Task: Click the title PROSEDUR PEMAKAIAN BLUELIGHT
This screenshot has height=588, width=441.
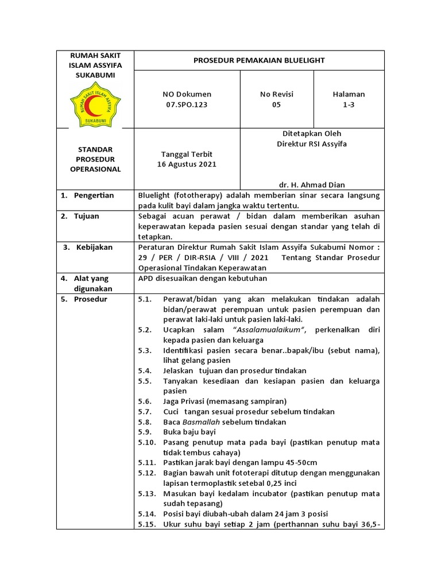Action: click(x=258, y=60)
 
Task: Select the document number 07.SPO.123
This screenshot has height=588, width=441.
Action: click(x=187, y=105)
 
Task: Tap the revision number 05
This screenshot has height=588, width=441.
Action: click(x=277, y=105)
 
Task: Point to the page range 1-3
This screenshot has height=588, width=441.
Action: click(x=349, y=105)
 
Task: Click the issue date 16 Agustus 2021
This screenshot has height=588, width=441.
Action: click(x=187, y=164)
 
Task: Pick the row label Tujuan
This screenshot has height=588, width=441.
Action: click(x=86, y=216)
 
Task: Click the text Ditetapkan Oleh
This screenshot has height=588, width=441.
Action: click(x=311, y=133)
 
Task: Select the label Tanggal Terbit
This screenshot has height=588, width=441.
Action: click(x=187, y=154)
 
